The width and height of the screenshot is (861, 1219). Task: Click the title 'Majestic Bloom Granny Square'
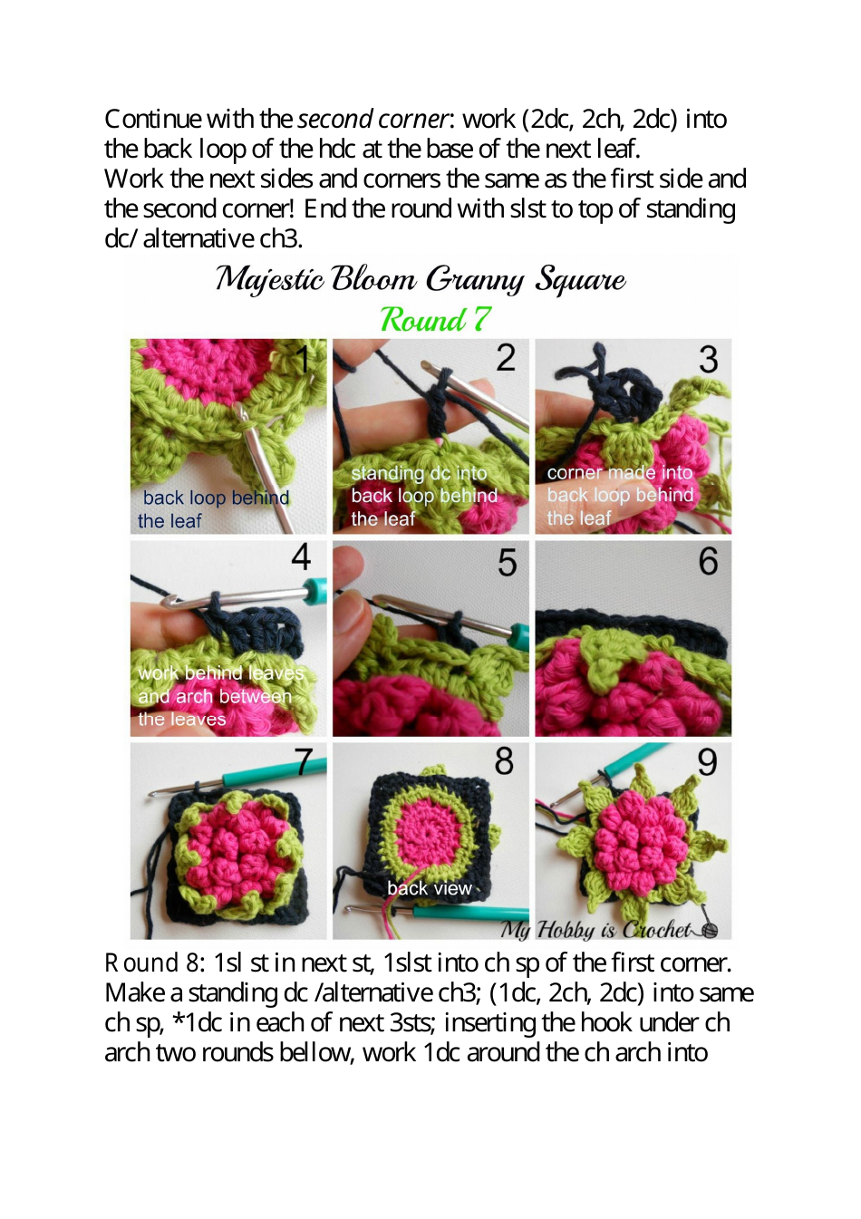click(421, 279)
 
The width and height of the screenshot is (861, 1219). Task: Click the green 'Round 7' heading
click(435, 319)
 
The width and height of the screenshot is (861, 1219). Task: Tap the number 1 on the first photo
click(305, 359)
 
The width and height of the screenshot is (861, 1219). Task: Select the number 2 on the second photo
click(506, 358)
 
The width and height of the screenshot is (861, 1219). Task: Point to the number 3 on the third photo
click(709, 360)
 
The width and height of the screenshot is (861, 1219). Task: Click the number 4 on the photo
click(302, 556)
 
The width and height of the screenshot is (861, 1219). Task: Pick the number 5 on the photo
click(508, 563)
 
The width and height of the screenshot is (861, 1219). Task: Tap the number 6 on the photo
click(708, 561)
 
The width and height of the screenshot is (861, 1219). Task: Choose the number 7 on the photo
click(305, 762)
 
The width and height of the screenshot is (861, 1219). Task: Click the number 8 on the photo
click(504, 761)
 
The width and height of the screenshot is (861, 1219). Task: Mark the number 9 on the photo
click(708, 762)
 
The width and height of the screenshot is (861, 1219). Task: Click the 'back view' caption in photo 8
click(430, 888)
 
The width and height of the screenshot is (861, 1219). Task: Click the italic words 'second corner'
click(372, 119)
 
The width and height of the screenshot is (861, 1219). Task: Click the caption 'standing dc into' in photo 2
click(419, 473)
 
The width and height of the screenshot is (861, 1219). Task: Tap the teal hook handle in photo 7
click(263, 776)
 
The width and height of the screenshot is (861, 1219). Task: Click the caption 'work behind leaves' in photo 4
click(221, 672)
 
